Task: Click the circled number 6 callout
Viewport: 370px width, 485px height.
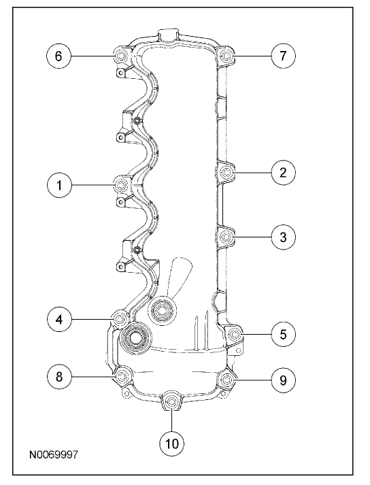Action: tap(58, 56)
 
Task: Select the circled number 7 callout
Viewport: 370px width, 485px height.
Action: tap(283, 56)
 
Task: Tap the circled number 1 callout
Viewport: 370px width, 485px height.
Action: tap(59, 185)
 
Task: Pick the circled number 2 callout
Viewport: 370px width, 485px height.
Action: tap(283, 172)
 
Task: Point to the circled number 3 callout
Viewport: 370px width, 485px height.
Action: tap(283, 237)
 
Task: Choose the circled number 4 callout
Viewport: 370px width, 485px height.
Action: tap(59, 319)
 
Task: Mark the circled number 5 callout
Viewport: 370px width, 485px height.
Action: tap(283, 334)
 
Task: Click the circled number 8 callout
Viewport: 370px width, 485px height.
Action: tap(59, 376)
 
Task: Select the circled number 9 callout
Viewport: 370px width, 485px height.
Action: tap(283, 380)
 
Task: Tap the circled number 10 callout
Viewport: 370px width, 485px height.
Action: tap(171, 444)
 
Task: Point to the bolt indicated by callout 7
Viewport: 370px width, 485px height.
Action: tap(226, 56)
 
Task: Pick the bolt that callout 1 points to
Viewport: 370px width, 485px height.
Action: tap(121, 185)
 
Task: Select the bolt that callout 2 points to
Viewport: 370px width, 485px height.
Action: tap(226, 172)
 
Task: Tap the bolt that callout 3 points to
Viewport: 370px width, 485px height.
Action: tap(226, 237)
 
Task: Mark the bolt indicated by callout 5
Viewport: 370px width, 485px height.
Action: tap(234, 334)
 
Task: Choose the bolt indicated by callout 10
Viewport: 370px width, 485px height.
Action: tap(171, 401)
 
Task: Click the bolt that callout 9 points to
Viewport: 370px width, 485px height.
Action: tap(226, 379)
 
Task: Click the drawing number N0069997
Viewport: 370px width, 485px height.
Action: tap(54, 455)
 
